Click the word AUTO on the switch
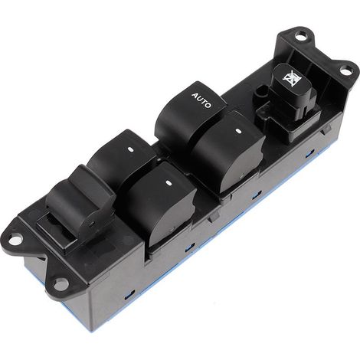point(201,100)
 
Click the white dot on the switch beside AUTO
point(238,131)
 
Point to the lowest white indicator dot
point(169,182)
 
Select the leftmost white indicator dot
point(129,149)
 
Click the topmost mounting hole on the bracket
point(302,34)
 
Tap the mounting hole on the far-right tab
point(345,70)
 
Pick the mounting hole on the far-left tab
point(15,240)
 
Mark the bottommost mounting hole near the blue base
point(61,283)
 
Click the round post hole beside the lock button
point(261,92)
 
